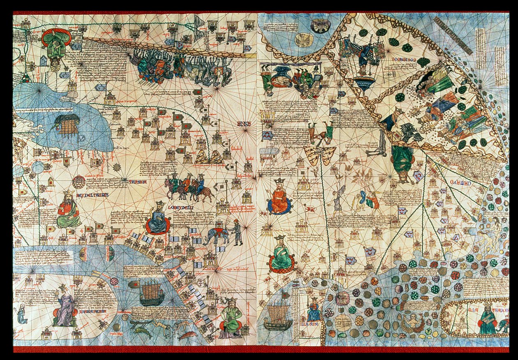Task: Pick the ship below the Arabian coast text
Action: point(151,293)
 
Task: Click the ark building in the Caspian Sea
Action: point(67,125)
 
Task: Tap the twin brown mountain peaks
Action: point(209,157)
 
